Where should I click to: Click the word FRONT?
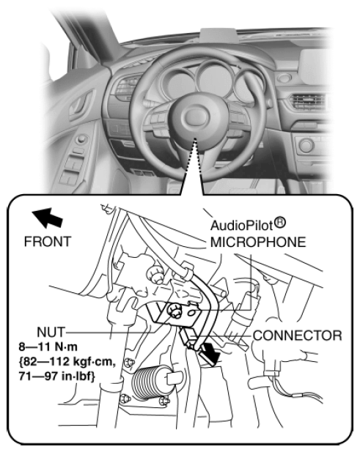(x=48, y=242)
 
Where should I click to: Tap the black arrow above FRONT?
(x=48, y=218)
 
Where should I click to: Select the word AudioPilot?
(x=242, y=226)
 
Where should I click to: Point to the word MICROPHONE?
(x=258, y=242)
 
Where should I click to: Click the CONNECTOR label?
(x=298, y=336)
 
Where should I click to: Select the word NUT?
(x=51, y=333)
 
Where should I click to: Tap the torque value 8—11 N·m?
(x=48, y=347)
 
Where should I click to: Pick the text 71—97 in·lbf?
(x=57, y=377)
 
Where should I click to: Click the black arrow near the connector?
(x=210, y=352)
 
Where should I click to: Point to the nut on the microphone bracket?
(x=175, y=312)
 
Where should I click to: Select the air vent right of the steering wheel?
(x=307, y=102)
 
